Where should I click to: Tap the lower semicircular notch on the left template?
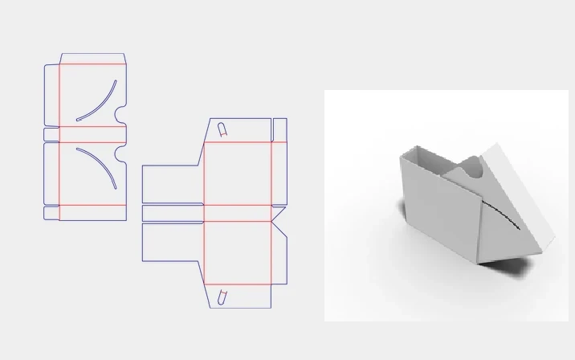tap(122, 153)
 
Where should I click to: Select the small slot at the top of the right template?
tap(222, 128)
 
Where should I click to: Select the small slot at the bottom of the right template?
tap(222, 297)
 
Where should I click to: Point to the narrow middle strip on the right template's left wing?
tap(172, 213)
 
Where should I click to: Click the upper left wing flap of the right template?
tap(172, 184)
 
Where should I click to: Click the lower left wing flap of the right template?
tap(172, 242)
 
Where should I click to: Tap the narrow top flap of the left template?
tap(92, 59)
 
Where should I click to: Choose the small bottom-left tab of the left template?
tap(51, 213)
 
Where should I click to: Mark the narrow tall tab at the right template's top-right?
tap(279, 129)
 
